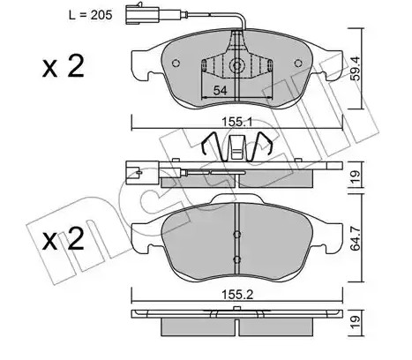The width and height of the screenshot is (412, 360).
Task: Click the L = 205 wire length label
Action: pyautogui.click(x=90, y=15)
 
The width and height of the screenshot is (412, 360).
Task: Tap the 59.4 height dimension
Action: pyautogui.click(x=356, y=69)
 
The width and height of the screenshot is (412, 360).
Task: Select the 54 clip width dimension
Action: pyautogui.click(x=220, y=91)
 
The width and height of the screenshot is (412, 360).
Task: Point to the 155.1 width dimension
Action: pyautogui.click(x=236, y=122)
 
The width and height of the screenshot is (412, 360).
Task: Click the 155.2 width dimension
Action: pyautogui.click(x=237, y=295)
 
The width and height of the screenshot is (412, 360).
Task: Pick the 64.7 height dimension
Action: pyautogui.click(x=356, y=238)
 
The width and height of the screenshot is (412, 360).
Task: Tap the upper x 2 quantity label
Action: pyautogui.click(x=63, y=66)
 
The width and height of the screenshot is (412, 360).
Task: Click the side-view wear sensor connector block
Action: pyautogui.click(x=133, y=173)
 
